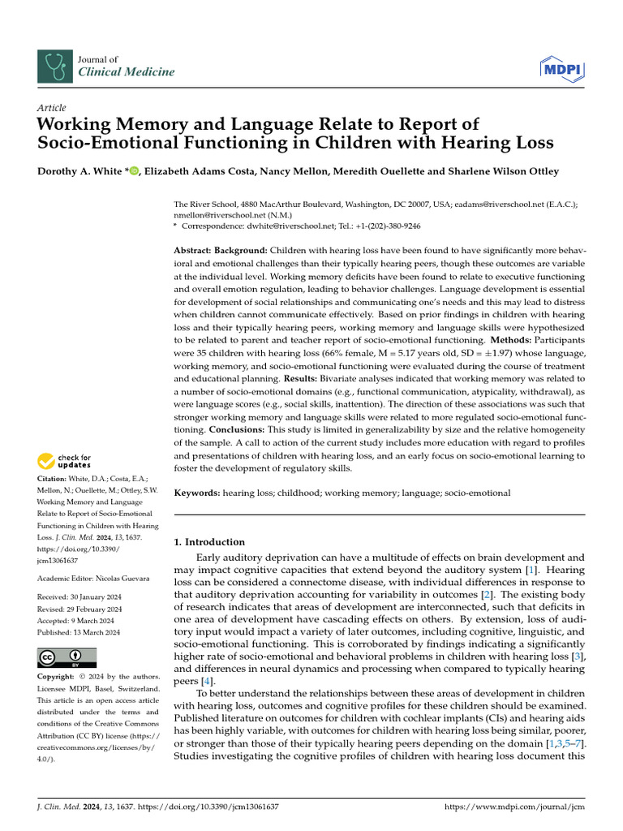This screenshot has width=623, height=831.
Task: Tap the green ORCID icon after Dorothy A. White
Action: [134, 171]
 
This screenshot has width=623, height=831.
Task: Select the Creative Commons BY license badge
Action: [67, 657]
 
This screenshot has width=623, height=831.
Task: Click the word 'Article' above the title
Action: [52, 108]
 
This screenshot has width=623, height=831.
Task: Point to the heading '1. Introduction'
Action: [210, 542]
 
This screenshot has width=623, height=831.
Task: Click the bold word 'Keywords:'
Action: [197, 493]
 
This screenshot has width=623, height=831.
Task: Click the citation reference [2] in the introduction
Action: [487, 595]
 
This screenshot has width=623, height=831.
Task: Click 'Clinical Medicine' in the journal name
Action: [126, 72]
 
